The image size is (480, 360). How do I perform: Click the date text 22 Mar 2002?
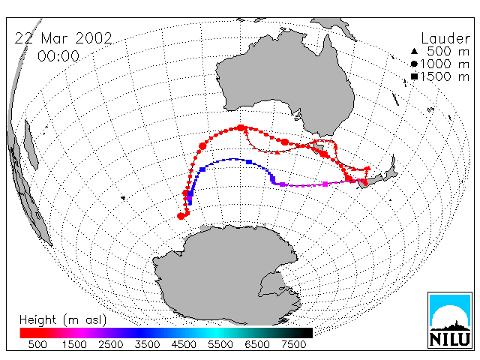click(64, 38)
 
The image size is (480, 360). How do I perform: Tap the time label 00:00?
click(58, 56)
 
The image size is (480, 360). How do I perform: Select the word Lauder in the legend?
click(445, 39)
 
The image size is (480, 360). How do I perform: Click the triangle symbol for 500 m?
click(414, 51)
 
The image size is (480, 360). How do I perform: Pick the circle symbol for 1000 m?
click(414, 64)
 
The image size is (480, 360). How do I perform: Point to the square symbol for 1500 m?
click(414, 76)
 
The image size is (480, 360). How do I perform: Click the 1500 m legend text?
click(445, 76)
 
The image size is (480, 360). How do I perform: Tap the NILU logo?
click(450, 320)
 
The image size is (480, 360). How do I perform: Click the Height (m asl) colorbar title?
click(63, 319)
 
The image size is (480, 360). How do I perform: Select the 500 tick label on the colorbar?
click(37, 344)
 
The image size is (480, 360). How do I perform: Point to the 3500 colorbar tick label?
click(147, 344)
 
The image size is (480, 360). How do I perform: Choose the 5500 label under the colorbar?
click(220, 344)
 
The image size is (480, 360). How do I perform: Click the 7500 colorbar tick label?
click(293, 344)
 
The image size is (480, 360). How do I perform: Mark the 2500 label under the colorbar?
click(111, 344)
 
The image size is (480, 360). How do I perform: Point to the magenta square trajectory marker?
click(325, 184)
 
